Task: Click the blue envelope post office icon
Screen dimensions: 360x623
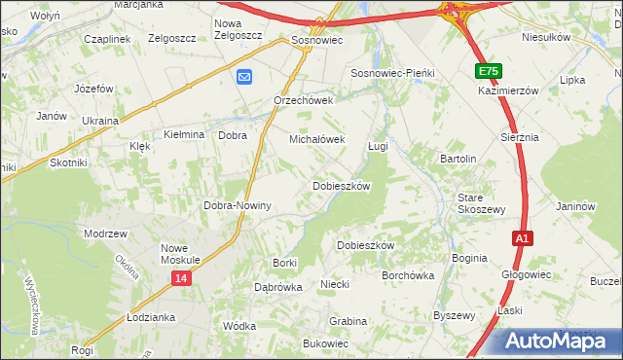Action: [x=243, y=77]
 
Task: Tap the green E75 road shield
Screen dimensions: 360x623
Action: [x=489, y=72]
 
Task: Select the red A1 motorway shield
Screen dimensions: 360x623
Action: [x=523, y=238]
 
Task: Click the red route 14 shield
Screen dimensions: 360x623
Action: [x=182, y=278]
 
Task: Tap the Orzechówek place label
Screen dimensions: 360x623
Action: [x=304, y=100]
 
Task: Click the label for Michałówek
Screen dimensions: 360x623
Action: [x=316, y=139]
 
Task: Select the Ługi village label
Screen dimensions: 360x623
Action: [x=378, y=146]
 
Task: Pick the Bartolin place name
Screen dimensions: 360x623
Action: [x=458, y=158]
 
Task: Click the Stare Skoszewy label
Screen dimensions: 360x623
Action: [x=482, y=203]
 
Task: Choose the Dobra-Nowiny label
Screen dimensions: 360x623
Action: [x=237, y=206]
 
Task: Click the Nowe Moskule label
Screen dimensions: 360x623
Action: [x=180, y=254]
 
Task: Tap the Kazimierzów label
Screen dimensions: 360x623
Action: [x=508, y=90]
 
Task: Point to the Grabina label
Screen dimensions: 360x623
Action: [x=348, y=320]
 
